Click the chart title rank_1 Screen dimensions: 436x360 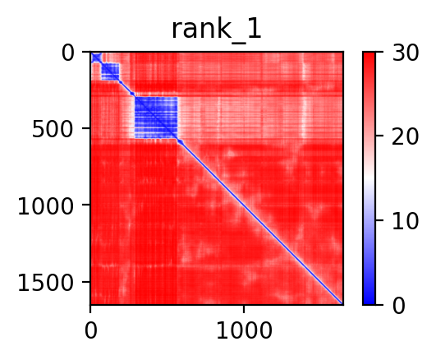point(216,30)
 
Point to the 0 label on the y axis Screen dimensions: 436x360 point(68,53)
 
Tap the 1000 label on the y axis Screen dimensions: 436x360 point(46,206)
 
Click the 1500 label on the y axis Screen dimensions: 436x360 point(46,284)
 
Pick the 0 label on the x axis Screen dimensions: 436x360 point(91,330)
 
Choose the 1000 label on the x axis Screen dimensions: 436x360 point(244,330)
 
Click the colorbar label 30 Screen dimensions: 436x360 point(405,53)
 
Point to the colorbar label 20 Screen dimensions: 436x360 point(405,136)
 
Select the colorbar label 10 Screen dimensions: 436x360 point(405,221)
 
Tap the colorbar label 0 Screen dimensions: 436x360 point(399,306)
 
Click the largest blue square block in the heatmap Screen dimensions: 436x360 point(156,118)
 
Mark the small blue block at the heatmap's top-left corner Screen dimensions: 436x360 point(96,58)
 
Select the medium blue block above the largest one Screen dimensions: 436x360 point(110,72)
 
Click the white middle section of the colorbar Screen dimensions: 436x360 point(369,178)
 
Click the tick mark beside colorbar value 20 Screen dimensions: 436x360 point(379,136)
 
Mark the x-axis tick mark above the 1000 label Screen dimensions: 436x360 point(244,309)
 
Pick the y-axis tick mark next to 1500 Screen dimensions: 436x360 point(86,282)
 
